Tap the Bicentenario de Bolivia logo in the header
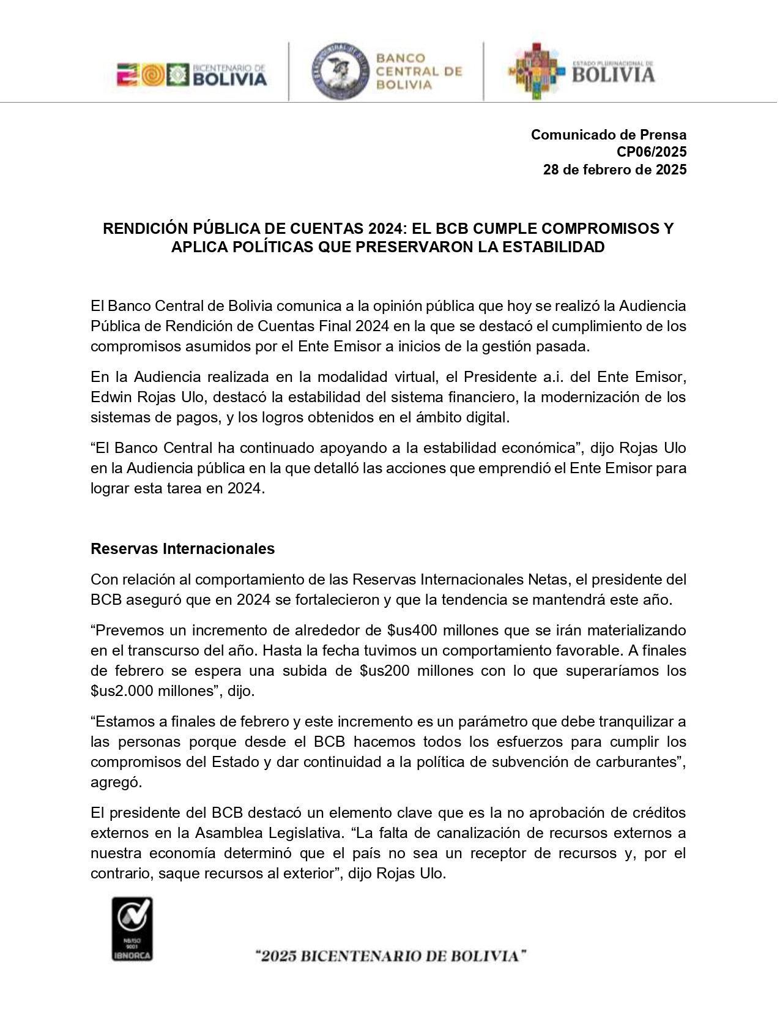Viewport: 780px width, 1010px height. click(x=192, y=75)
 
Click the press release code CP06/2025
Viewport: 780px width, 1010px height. click(x=651, y=152)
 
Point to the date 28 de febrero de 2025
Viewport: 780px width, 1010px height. click(x=614, y=170)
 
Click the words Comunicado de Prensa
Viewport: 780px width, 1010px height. click(x=608, y=135)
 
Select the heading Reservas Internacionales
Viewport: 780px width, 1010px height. click(x=182, y=548)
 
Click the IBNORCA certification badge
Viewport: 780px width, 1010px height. click(x=132, y=929)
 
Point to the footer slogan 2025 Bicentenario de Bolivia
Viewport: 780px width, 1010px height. click(x=392, y=956)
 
